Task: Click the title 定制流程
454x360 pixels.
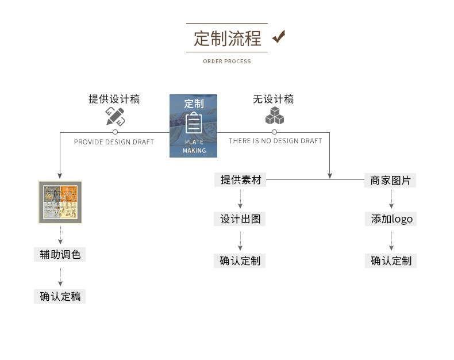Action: coord(227,39)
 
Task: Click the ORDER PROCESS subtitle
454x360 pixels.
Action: coord(227,61)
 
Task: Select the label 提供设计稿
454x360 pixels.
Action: coord(114,99)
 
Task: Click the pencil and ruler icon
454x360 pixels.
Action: coord(115,117)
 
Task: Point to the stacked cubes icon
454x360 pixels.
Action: coord(274,116)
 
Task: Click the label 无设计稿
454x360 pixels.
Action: coord(273,99)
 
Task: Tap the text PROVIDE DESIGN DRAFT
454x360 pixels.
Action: coord(114,142)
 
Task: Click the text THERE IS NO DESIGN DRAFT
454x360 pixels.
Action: coord(275,141)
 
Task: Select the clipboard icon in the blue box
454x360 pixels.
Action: coord(194,123)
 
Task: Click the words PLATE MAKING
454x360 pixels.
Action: coord(194,146)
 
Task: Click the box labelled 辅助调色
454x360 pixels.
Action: coord(60,254)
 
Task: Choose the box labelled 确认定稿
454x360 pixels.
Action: coord(60,297)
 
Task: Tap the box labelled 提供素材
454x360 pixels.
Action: coord(240,180)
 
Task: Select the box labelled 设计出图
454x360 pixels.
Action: coord(240,219)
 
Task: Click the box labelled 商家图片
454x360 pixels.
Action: coord(391,180)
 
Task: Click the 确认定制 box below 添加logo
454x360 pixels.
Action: coord(391,261)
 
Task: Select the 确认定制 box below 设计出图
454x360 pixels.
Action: coord(240,261)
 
